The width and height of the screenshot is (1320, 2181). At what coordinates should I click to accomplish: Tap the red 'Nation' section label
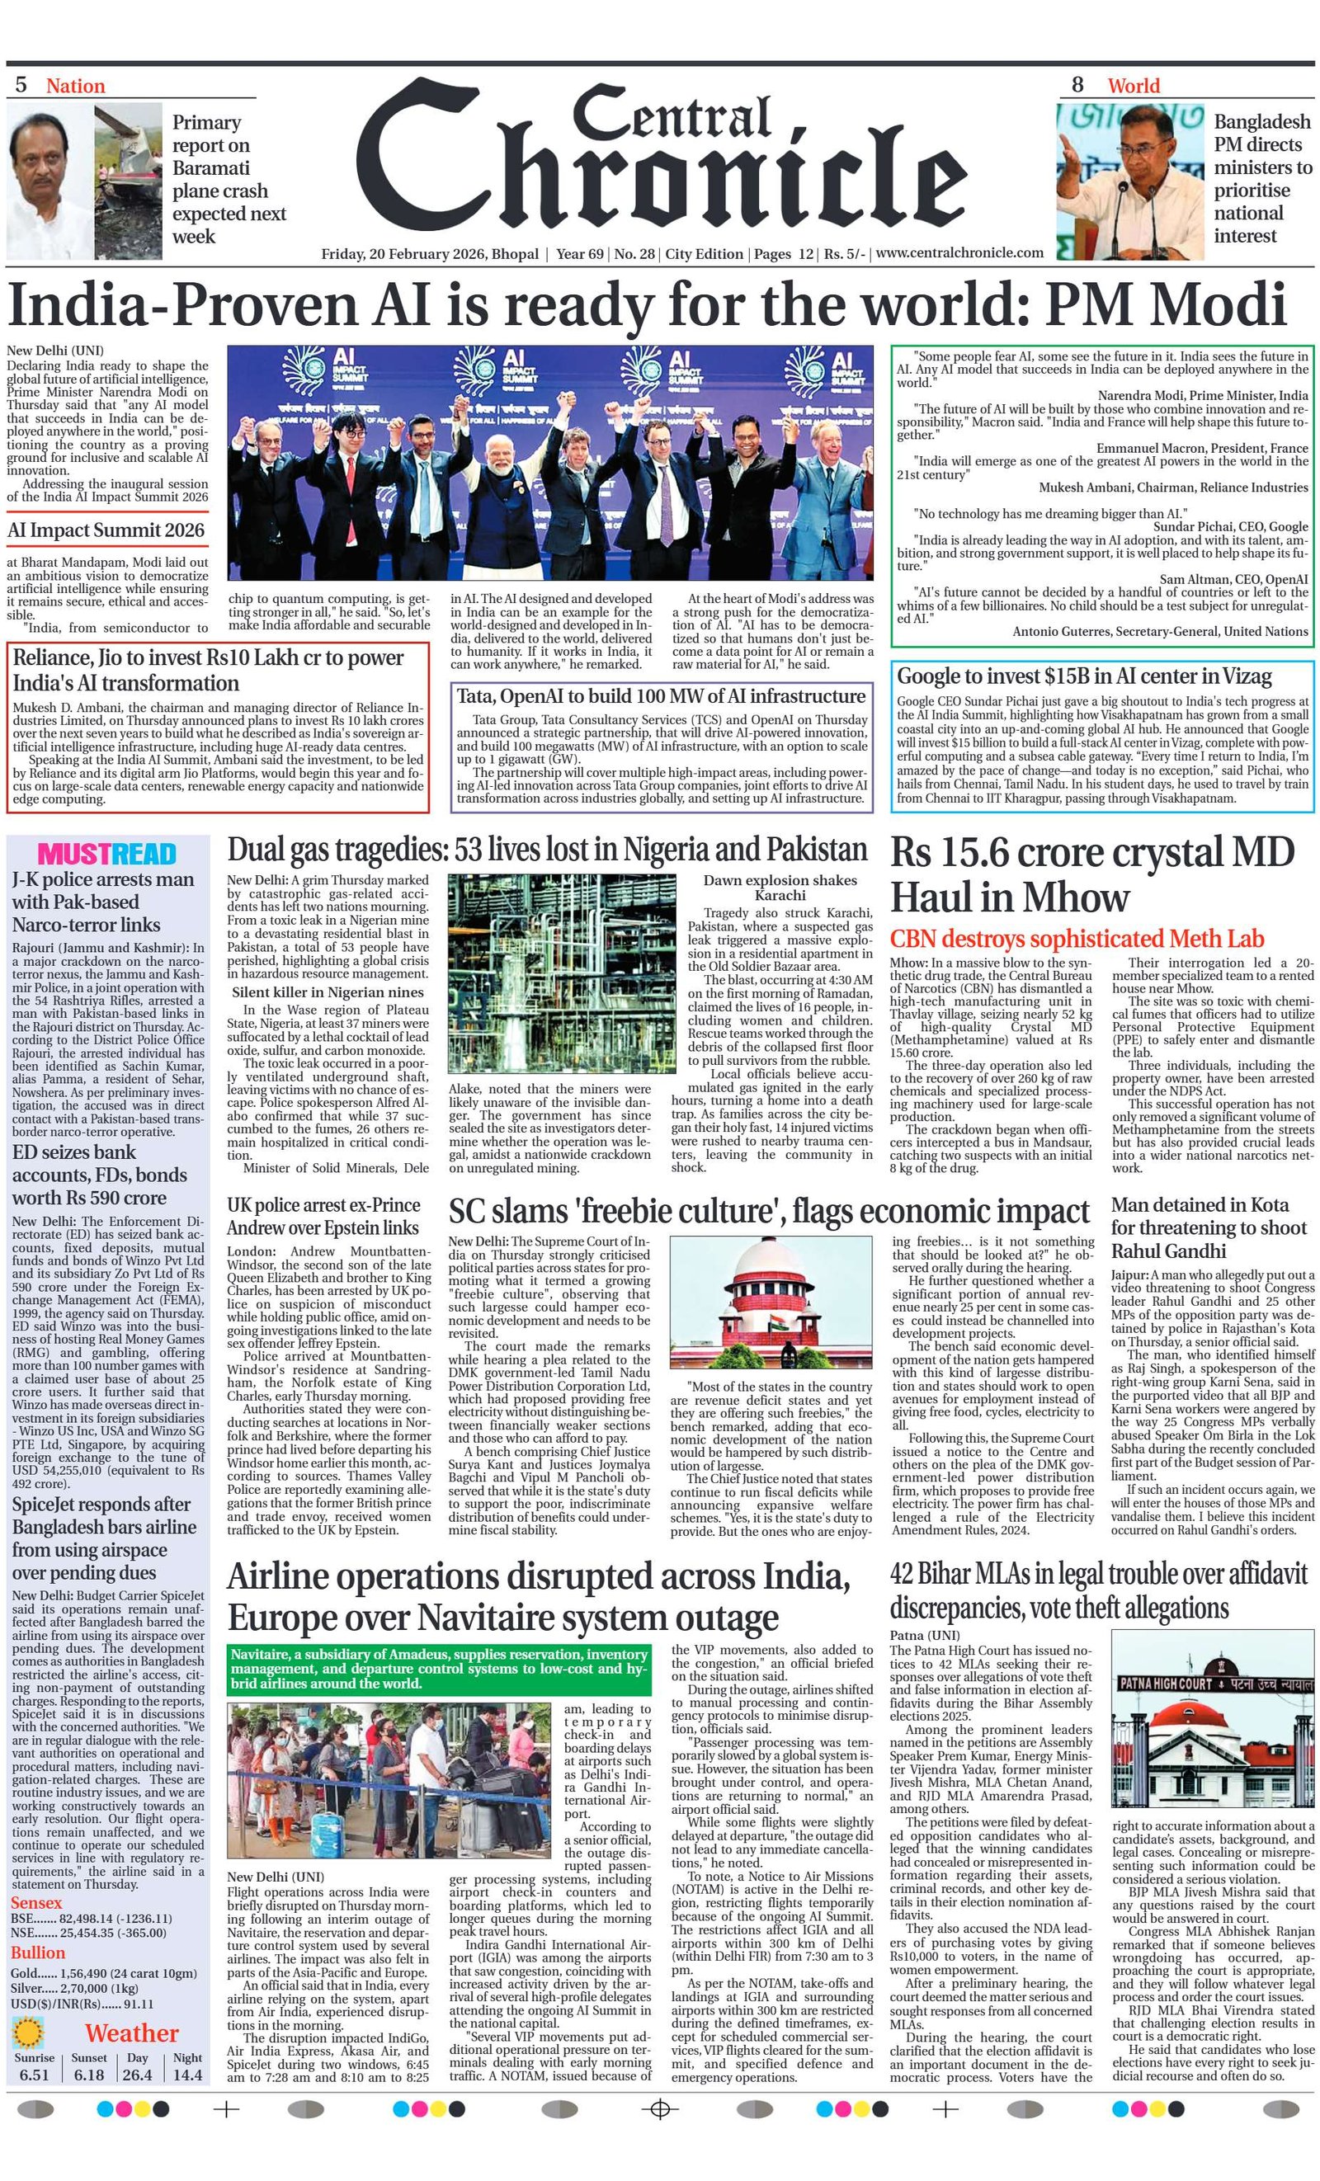coord(75,86)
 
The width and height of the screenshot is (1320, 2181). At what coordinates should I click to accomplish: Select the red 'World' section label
coord(1133,86)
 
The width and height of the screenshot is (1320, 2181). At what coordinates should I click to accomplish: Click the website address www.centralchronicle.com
coord(959,253)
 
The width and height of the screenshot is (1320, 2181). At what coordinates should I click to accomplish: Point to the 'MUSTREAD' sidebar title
coord(107,854)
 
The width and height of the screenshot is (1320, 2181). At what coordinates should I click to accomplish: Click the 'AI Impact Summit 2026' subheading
coord(106,530)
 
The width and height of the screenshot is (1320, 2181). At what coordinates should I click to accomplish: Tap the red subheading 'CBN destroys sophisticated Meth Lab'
coord(1077,938)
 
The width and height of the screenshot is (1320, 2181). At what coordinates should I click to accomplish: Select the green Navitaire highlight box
coord(439,1669)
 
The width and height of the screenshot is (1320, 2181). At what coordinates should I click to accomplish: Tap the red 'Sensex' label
coord(36,1902)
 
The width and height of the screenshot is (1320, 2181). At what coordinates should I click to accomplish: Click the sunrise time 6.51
coord(35,2074)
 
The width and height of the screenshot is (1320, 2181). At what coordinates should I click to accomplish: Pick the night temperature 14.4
coord(186,2074)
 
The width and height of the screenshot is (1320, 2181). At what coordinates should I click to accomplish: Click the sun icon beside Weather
coord(29,2033)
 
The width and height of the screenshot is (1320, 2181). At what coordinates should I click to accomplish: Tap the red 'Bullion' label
coord(38,1953)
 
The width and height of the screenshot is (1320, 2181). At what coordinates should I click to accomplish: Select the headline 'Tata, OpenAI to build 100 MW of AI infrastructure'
coord(661,695)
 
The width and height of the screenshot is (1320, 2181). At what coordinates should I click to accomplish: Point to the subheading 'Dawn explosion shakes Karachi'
coord(779,887)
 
